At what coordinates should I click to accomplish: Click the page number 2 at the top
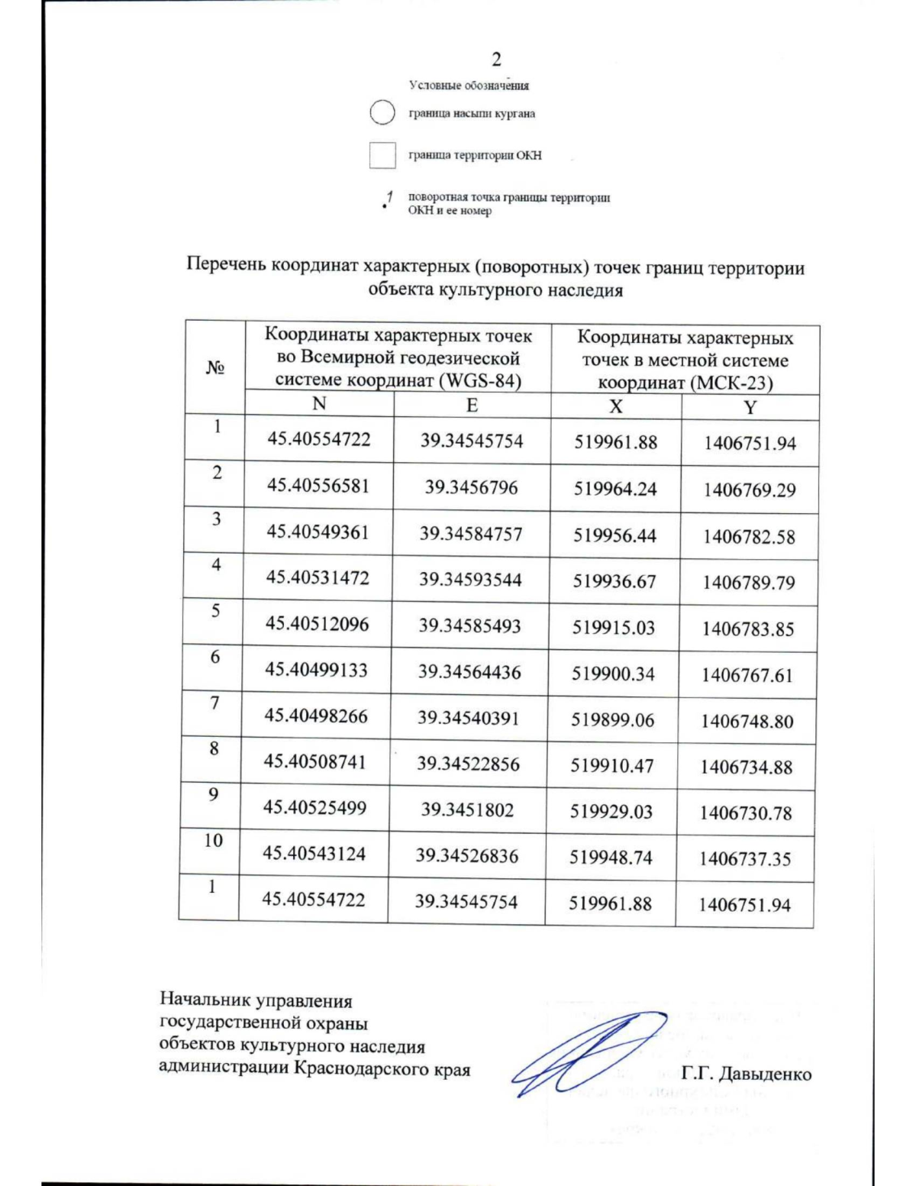coord(496,60)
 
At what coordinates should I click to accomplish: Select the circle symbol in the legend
coord(382,113)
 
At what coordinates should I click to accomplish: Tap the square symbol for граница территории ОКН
coord(382,155)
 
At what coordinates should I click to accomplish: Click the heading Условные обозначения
coord(469,86)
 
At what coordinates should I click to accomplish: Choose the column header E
coord(472,405)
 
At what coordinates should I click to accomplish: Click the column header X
coord(615,406)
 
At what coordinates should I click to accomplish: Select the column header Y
coord(750,407)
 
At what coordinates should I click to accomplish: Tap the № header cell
coord(214,367)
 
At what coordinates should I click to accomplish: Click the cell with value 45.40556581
coord(318,486)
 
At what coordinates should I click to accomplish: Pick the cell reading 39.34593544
coord(470,580)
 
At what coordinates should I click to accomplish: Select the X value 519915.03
coord(614,628)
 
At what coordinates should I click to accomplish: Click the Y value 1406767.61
coord(747,675)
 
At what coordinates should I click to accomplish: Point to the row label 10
coord(213,840)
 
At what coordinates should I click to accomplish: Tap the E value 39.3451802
coord(467,810)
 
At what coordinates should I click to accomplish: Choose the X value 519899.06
coord(613,719)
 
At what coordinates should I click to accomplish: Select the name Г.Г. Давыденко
coord(746,1074)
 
